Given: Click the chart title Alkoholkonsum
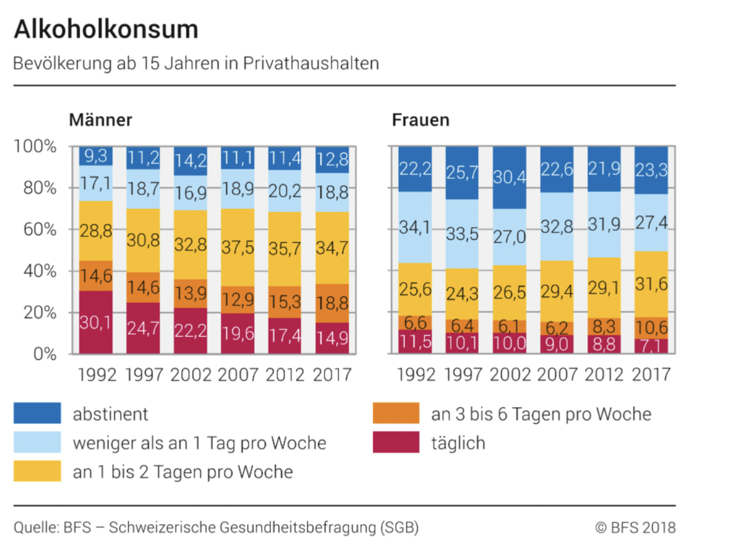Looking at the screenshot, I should point(107,29).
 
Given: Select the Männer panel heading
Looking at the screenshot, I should point(101,120).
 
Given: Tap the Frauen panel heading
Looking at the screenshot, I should point(420,120).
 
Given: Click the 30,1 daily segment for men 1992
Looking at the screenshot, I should point(96,322).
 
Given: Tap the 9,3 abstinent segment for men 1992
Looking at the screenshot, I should point(96,156).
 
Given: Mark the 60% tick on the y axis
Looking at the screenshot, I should point(36,229).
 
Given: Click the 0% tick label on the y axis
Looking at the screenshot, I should point(41,354).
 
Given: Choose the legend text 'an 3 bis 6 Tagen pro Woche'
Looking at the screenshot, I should point(541,414).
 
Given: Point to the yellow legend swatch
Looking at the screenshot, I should point(37,471).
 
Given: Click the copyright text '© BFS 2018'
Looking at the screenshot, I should point(635,528).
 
